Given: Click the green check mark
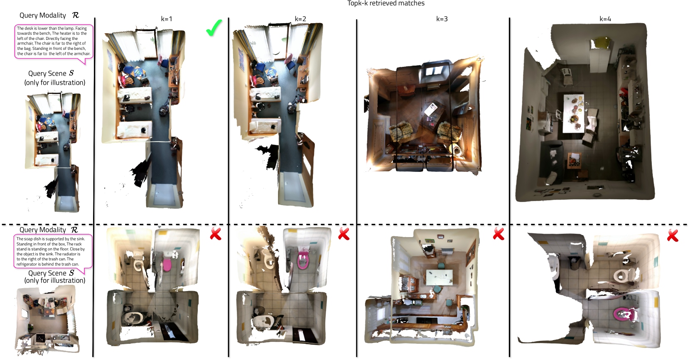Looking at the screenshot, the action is [214, 28].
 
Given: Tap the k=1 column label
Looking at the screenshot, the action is [167, 19].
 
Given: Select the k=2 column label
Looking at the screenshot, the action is [300, 19].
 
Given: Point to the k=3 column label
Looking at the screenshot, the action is [442, 19].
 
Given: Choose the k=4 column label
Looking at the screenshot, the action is [605, 19].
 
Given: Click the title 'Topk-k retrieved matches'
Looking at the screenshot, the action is [386, 3].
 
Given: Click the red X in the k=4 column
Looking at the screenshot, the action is [673, 235].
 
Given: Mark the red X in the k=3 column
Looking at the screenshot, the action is [498, 234].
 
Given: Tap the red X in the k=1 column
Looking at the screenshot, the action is [216, 234].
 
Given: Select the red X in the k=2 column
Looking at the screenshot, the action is [344, 234].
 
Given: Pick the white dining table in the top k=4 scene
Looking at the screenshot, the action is [574, 113].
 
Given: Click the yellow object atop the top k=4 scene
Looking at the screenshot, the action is [600, 42].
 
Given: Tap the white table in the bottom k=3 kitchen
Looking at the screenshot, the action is [440, 277].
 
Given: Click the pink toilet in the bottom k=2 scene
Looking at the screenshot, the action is [303, 260].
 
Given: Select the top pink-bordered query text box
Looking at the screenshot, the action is [54, 41].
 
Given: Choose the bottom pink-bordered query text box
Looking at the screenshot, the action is [53, 251].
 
